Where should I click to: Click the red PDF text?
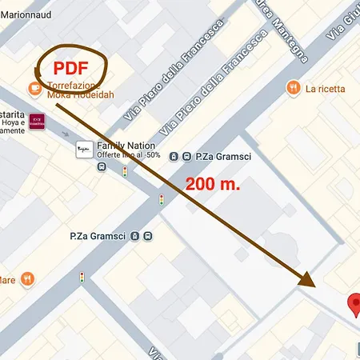(x=70, y=67)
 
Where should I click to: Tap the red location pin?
(x=354, y=305)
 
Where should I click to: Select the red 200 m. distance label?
(x=213, y=183)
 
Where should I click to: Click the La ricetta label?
(x=325, y=88)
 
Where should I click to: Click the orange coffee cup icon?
(x=35, y=86)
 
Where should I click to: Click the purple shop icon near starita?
(x=36, y=122)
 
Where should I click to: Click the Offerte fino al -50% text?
(x=130, y=155)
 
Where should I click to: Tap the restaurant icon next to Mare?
(x=29, y=279)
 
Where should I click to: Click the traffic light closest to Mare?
(x=82, y=277)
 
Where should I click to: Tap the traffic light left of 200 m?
(x=162, y=199)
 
